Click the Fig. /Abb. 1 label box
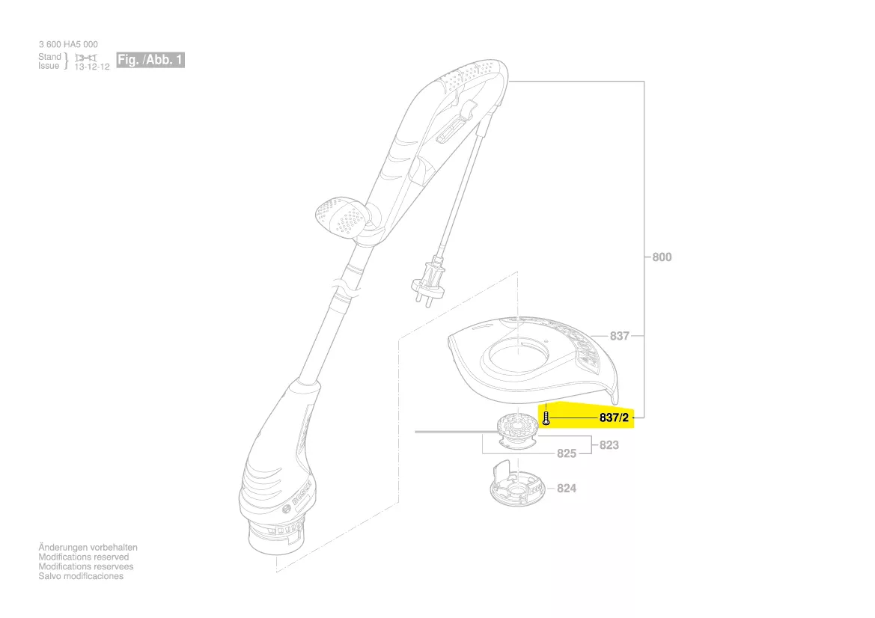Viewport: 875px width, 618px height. tap(150, 60)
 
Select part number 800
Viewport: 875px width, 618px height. tap(662, 257)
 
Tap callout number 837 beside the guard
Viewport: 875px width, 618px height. tap(620, 336)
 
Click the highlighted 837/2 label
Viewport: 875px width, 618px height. tap(614, 417)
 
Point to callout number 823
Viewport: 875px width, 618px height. tap(609, 445)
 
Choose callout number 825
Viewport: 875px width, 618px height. tap(567, 453)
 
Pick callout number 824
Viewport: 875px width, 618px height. tap(567, 489)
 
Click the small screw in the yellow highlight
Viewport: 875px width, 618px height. tap(546, 417)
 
